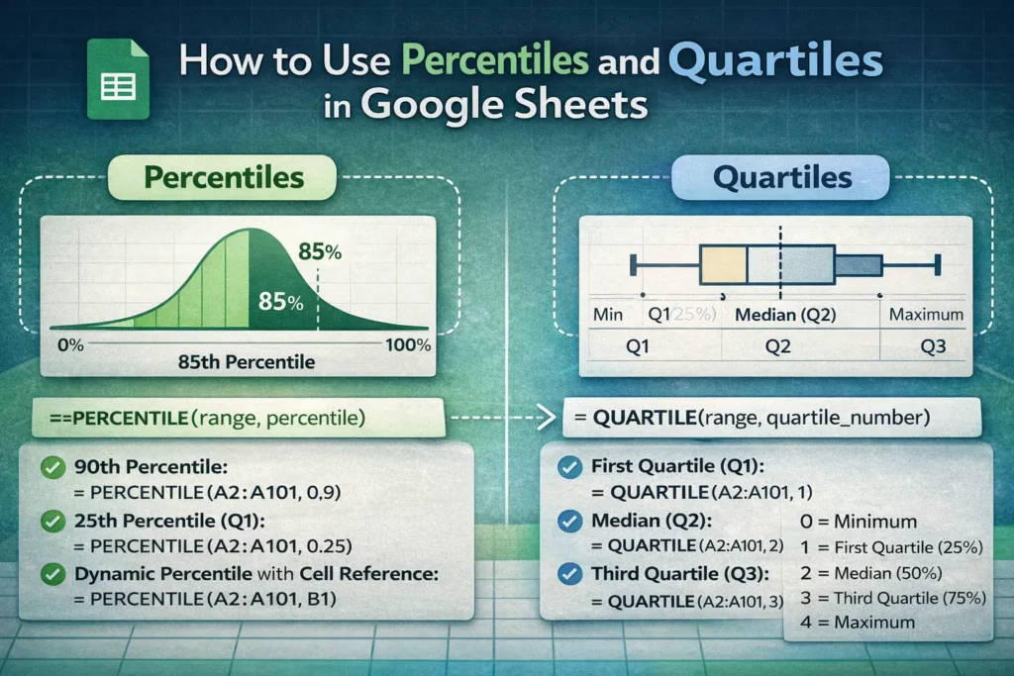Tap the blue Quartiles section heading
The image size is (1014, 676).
[782, 178]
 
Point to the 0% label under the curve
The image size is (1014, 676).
[71, 345]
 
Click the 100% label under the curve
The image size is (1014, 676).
[408, 345]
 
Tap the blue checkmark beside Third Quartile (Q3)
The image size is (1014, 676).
[570, 573]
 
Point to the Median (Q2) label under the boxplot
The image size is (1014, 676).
[786, 315]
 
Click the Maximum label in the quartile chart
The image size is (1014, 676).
[926, 315]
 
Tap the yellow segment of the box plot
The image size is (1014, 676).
[723, 265]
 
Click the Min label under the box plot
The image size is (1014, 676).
[606, 315]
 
